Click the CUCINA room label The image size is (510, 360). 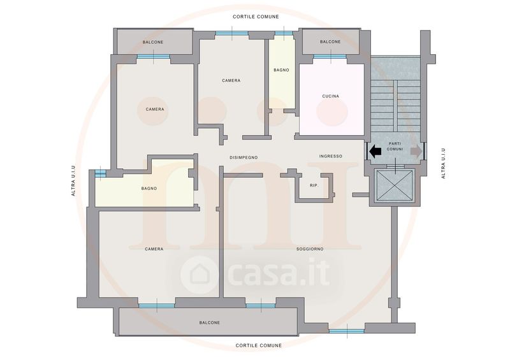330,96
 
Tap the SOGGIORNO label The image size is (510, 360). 310,249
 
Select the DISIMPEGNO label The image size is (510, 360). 244,157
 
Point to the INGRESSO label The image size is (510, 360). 330,156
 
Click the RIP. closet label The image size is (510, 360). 314,185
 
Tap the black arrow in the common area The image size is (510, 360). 375,151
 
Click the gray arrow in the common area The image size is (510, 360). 416,151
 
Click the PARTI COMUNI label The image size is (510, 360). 395,147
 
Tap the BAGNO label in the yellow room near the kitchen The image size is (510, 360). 281,70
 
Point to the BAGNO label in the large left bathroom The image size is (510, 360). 149,189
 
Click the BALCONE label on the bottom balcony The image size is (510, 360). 210,322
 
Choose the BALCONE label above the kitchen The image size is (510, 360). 330,41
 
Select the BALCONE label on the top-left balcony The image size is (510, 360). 153,42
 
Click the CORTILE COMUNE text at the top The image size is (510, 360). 256,17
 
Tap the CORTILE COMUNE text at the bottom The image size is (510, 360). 259,345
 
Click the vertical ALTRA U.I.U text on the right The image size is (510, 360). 443,163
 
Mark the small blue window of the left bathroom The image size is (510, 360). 100,174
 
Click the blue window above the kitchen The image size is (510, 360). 330,57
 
